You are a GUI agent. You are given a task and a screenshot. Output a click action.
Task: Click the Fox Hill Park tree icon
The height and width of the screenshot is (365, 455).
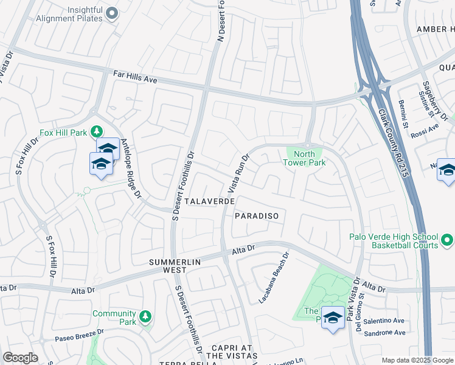(x=96, y=131)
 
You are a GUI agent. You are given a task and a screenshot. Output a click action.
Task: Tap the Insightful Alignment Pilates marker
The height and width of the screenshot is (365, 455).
(x=111, y=13)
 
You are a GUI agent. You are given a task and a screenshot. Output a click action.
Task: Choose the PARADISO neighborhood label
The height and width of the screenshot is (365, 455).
(x=256, y=216)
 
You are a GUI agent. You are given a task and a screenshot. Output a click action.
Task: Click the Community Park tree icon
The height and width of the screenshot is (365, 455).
(x=145, y=316)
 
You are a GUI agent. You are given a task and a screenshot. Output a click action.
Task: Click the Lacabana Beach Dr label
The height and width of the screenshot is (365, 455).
(x=273, y=279)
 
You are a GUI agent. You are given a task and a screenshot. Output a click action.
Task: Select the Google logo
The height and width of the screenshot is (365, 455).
(x=20, y=358)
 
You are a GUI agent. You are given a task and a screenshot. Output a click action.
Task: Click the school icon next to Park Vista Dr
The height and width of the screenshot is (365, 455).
(x=332, y=318)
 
